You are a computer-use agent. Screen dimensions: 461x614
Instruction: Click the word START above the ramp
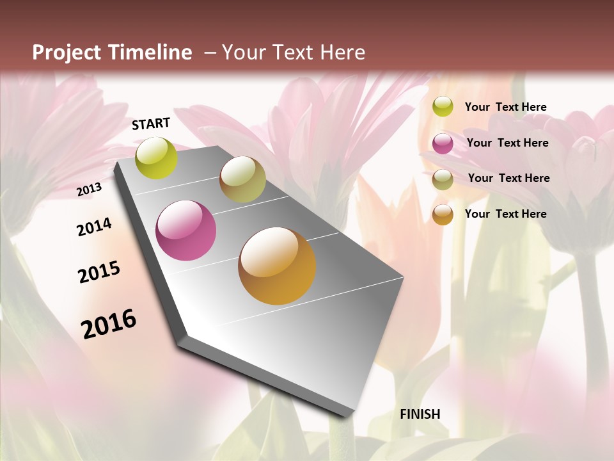[151, 124]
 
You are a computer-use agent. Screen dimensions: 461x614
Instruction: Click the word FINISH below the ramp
[420, 414]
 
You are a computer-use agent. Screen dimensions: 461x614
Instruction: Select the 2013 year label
[89, 190]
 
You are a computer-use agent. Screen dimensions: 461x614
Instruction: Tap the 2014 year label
[94, 227]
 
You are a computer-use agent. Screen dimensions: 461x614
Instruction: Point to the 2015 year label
[99, 272]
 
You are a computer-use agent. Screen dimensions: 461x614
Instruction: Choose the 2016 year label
[109, 323]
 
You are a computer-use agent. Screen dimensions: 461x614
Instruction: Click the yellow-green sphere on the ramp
[157, 158]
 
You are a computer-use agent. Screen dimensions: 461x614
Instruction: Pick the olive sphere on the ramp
[242, 179]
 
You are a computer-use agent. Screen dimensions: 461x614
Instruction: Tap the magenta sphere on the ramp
[186, 230]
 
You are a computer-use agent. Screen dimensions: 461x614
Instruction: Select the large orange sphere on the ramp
[277, 266]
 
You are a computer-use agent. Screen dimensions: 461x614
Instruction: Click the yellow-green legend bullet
[443, 106]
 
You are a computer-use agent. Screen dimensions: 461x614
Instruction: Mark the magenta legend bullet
[443, 143]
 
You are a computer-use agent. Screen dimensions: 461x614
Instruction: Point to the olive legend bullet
[443, 179]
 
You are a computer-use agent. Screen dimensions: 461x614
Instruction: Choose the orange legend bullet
[443, 214]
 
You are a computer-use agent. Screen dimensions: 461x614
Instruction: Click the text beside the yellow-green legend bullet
[505, 107]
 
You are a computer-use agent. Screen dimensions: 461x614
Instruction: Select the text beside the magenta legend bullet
[507, 143]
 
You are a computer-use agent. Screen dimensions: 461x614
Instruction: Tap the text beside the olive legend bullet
[508, 178]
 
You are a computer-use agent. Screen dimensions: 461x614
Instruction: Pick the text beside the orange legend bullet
[505, 214]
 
